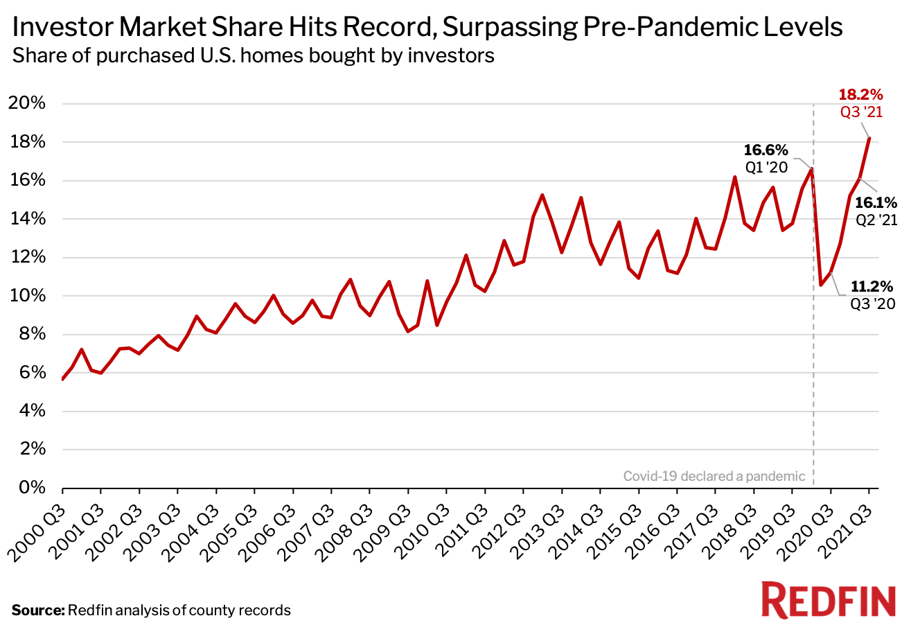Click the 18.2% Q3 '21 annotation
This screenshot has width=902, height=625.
pyautogui.click(x=860, y=102)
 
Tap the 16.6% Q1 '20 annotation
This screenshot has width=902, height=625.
pyautogui.click(x=766, y=158)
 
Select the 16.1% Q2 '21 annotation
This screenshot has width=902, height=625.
pyautogui.click(x=875, y=210)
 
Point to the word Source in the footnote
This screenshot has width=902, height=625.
pyautogui.click(x=37, y=610)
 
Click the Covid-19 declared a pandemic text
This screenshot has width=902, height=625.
pyautogui.click(x=714, y=476)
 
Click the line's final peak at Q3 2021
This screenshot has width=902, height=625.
pyautogui.click(x=869, y=138)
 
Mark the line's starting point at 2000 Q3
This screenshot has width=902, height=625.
pyautogui.click(x=63, y=379)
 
